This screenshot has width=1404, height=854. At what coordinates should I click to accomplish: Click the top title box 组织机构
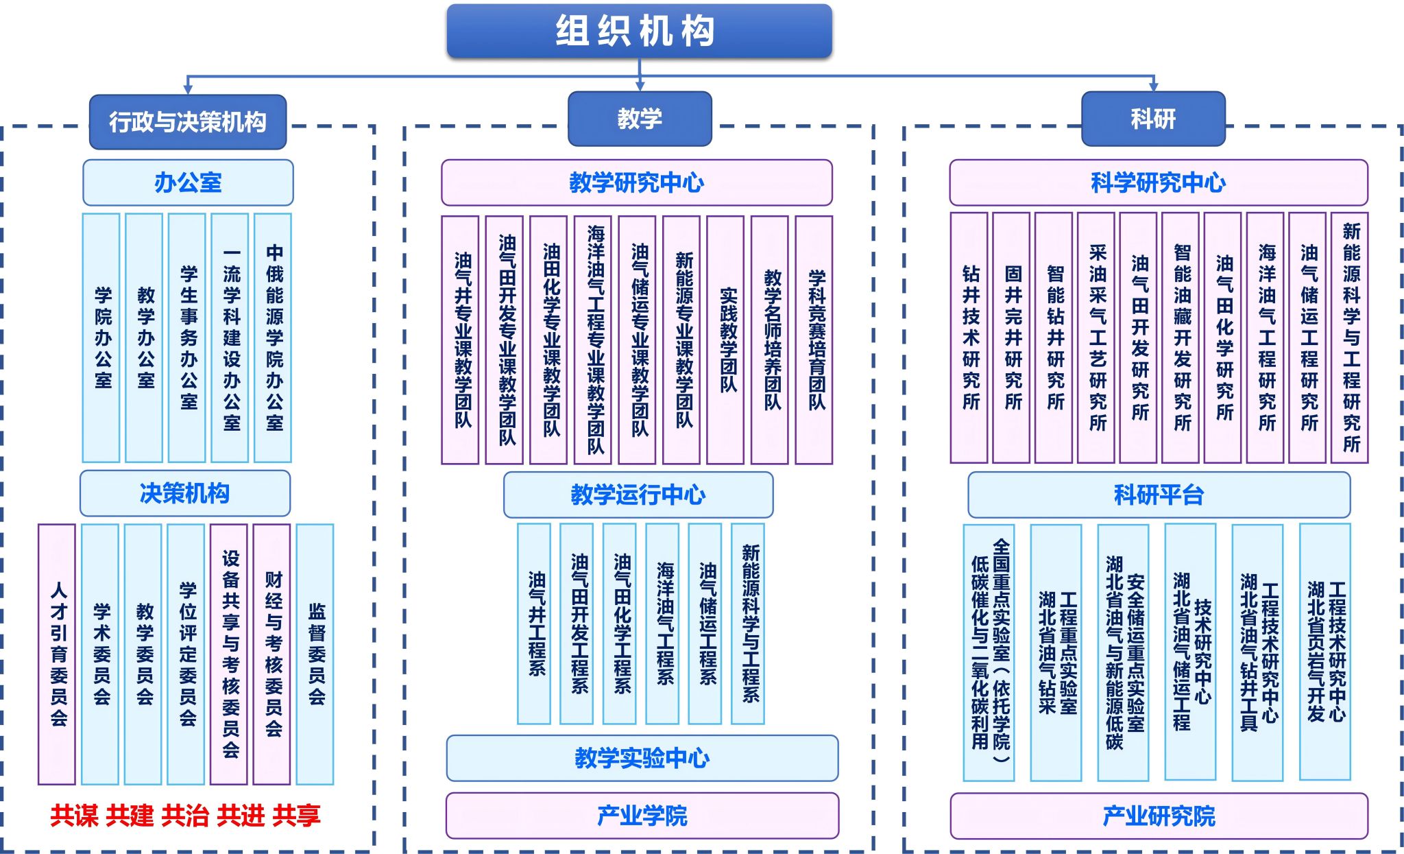[x=639, y=31]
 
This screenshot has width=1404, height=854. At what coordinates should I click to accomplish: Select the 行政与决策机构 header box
[x=188, y=121]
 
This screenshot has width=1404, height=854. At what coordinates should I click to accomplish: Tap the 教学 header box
[x=640, y=119]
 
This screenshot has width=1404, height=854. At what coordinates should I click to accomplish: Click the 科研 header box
[x=1153, y=119]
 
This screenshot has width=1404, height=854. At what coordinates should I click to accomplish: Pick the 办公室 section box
[x=188, y=182]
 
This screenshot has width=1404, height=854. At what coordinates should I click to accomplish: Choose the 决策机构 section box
[x=185, y=493]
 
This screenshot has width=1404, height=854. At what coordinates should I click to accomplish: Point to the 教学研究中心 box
[x=637, y=182]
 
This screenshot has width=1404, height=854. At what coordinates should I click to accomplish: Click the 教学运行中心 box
[x=638, y=495]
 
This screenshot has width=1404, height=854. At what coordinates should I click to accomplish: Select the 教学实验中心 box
[x=642, y=758]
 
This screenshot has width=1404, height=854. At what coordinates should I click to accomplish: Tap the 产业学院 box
[x=642, y=816]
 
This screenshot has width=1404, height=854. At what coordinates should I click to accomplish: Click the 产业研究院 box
[x=1159, y=816]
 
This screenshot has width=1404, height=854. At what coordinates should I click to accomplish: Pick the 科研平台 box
[x=1159, y=495]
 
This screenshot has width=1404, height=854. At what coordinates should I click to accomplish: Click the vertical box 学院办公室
[x=101, y=337]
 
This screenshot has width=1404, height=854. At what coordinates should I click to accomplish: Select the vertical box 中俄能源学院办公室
[x=273, y=337]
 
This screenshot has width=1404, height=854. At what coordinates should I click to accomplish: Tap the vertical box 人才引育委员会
[x=57, y=654]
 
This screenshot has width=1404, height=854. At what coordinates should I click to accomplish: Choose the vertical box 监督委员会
[x=315, y=654]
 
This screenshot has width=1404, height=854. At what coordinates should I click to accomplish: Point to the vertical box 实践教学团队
[x=725, y=340]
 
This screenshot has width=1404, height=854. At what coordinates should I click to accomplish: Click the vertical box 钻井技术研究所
[x=969, y=337]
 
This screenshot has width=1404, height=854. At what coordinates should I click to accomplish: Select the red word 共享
[x=296, y=816]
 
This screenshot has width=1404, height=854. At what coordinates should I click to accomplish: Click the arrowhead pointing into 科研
[x=1153, y=86]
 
